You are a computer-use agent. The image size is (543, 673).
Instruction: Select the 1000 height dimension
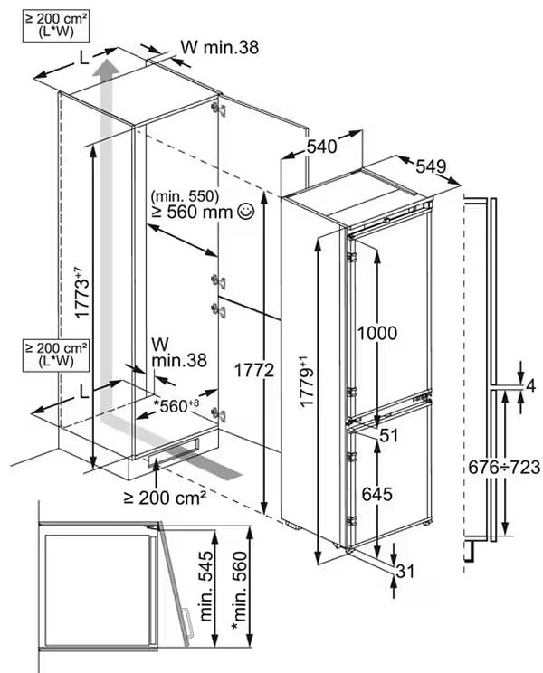click(376, 333)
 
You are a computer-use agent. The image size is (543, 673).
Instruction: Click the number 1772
click(240, 368)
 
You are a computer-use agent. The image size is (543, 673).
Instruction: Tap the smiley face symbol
click(245, 213)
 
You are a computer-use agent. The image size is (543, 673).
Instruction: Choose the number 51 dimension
click(389, 436)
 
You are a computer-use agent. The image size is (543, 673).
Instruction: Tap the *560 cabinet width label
click(181, 405)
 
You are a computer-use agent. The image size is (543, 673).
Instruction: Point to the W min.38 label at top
click(220, 47)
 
